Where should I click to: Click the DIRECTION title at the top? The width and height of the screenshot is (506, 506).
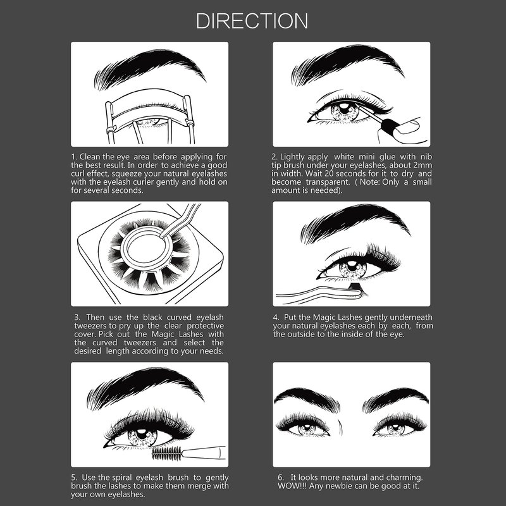(252, 21)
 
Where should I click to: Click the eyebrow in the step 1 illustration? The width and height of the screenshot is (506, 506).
(150, 68)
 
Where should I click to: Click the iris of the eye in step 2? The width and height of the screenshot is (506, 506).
(345, 111)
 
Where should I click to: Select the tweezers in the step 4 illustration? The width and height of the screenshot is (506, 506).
(319, 294)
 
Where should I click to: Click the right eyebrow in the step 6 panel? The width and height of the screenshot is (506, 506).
(395, 400)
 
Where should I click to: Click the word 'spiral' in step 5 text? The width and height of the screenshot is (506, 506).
(123, 478)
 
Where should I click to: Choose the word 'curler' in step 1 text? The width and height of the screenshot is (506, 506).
(144, 182)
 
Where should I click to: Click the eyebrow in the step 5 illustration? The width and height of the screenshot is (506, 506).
(145, 387)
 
